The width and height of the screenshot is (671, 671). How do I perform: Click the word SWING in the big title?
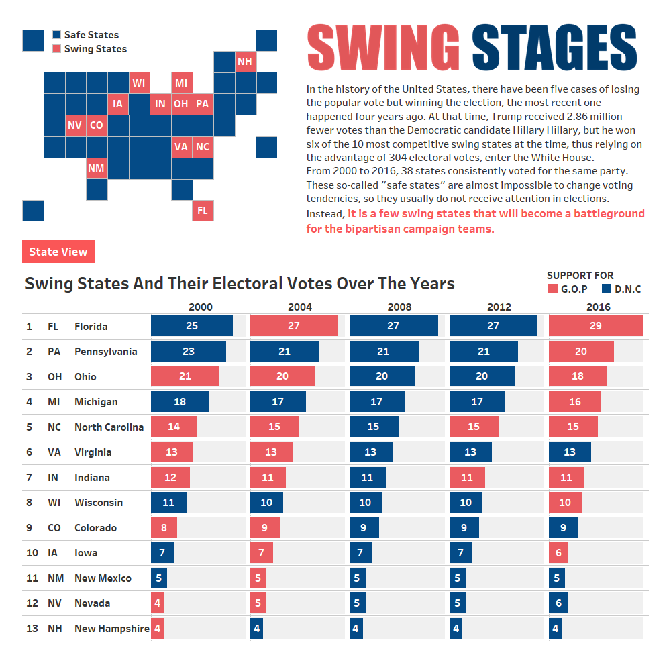click(x=382, y=49)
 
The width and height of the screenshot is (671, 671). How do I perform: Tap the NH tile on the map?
click(x=245, y=62)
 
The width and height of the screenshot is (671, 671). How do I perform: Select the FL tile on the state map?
click(x=203, y=211)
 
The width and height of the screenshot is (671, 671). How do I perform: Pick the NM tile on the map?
click(x=96, y=168)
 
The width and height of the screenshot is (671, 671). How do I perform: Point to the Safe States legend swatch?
click(x=57, y=35)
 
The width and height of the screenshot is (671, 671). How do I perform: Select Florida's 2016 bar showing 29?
click(x=596, y=326)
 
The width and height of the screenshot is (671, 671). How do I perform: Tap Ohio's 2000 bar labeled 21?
click(x=185, y=376)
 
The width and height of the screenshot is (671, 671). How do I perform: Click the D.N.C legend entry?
click(x=621, y=289)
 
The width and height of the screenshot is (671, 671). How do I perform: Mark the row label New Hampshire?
click(x=111, y=629)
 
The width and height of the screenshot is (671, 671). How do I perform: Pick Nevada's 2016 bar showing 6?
click(x=558, y=603)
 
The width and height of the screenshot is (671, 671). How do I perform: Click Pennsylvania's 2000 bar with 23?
click(x=189, y=352)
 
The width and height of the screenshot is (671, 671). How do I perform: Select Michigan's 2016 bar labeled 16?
click(x=575, y=402)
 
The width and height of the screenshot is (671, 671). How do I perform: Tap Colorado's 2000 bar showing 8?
click(x=164, y=528)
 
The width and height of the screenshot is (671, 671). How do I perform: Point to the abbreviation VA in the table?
click(x=54, y=452)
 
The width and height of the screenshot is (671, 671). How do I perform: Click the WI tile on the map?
click(x=138, y=83)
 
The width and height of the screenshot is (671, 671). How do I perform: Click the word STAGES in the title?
click(x=554, y=49)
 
